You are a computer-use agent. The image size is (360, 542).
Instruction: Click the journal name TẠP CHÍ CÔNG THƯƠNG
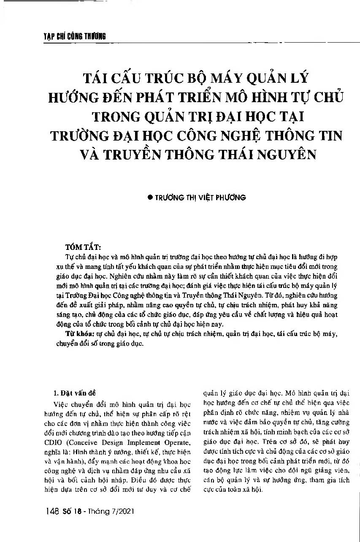(74, 36)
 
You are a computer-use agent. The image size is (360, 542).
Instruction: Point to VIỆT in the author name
(201, 198)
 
